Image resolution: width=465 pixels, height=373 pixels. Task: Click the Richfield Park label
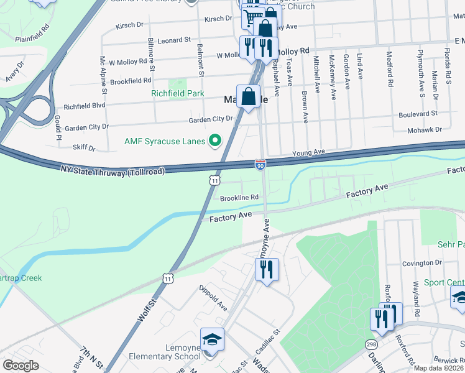178,94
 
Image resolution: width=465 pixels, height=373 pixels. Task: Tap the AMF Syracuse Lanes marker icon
215,141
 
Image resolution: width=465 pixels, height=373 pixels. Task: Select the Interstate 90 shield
260,164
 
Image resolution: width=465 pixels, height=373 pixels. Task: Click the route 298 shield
371,344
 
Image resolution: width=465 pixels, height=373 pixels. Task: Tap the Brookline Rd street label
239,197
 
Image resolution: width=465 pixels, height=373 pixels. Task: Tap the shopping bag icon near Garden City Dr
248,96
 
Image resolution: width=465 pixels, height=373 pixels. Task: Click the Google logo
21,365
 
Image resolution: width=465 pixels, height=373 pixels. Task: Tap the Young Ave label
309,152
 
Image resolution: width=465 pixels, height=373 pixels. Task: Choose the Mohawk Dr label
425,130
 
